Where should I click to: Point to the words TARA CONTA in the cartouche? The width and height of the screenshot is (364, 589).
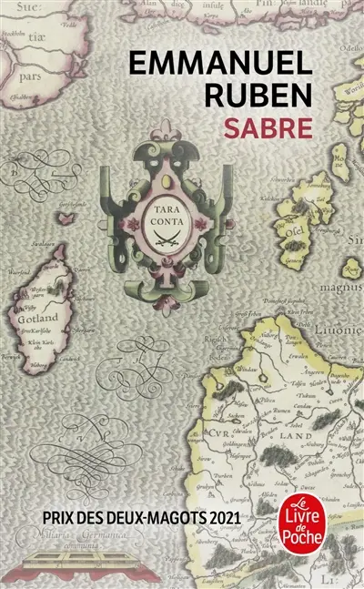(165, 211)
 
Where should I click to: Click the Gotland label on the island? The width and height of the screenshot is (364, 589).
(39, 320)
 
